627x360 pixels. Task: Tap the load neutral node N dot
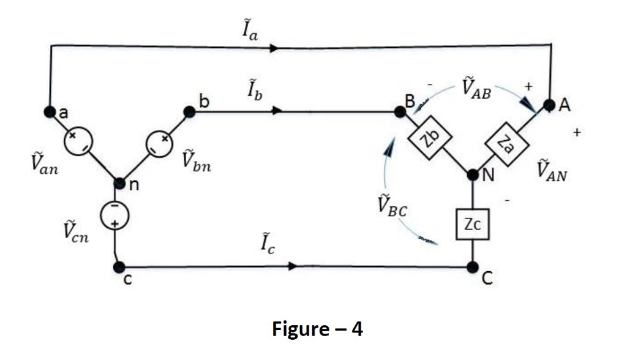(473, 175)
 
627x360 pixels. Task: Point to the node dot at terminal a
(49, 111)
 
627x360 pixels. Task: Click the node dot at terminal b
(189, 111)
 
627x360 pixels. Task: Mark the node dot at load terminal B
(401, 112)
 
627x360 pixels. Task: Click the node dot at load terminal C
(472, 267)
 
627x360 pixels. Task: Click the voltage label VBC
(392, 206)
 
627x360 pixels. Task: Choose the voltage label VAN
(551, 170)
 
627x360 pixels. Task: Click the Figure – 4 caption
(317, 329)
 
